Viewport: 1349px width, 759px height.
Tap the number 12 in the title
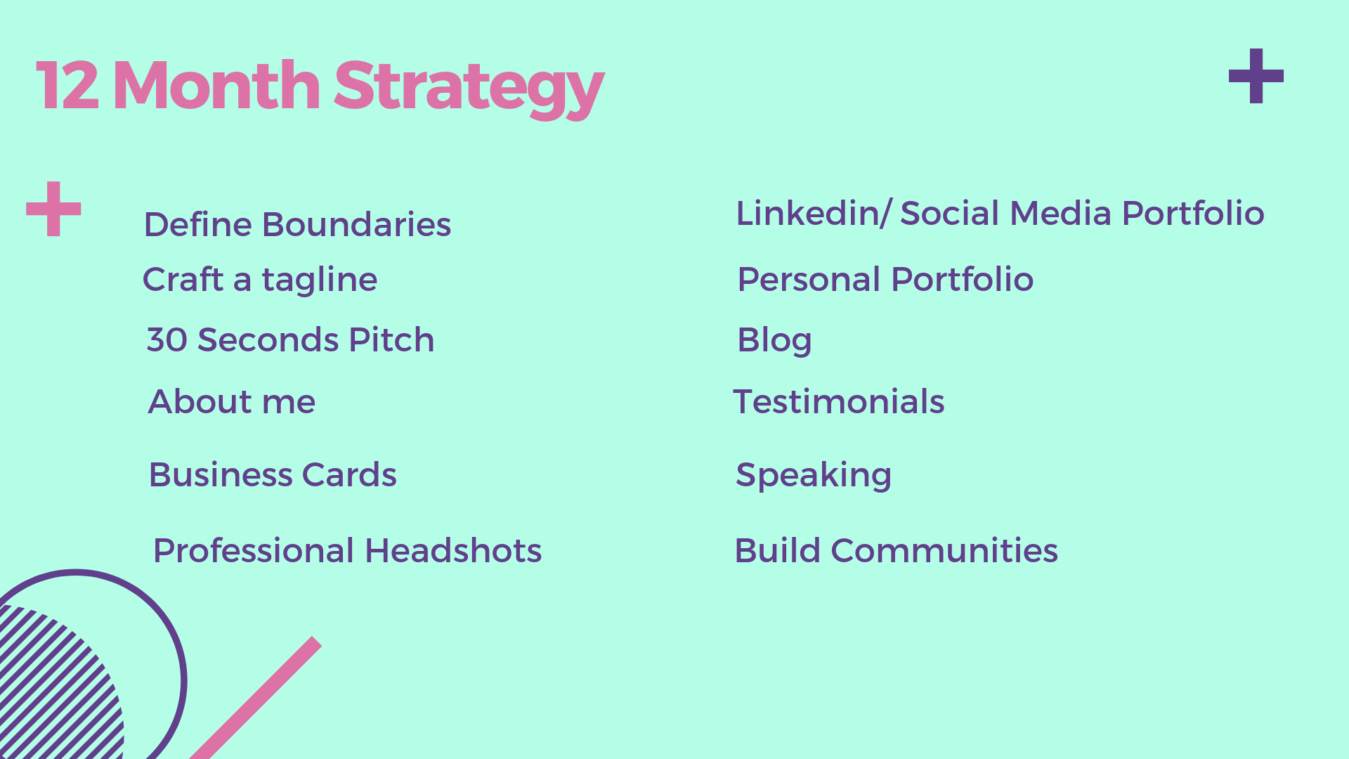pos(67,86)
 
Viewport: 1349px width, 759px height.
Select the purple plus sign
pos(1256,76)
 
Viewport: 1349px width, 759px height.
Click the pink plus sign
pos(53,209)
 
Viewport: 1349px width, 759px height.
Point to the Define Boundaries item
pos(297,225)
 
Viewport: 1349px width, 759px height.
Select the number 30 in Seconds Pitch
pos(167,340)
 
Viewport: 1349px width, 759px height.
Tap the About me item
pos(232,402)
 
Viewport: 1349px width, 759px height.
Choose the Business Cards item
pos(273,475)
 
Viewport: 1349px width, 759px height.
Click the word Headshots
pos(453,550)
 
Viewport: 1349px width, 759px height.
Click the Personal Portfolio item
pos(885,279)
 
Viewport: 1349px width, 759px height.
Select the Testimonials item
pos(839,402)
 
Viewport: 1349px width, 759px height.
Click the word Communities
pos(944,550)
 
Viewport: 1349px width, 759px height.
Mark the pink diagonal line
pos(256,698)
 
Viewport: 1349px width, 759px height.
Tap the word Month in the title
pos(216,86)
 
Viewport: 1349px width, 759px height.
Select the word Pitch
pos(391,340)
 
